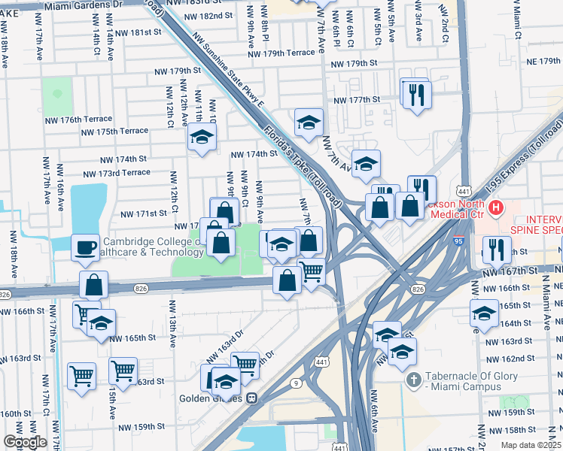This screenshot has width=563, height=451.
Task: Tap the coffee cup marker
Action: tap(85, 247)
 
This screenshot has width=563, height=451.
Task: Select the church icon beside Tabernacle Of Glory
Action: tap(412, 380)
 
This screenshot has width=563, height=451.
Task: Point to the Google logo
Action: tap(25, 442)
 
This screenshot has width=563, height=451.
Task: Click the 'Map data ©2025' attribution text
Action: tap(531, 445)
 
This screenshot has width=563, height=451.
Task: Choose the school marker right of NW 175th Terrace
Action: tap(202, 136)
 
